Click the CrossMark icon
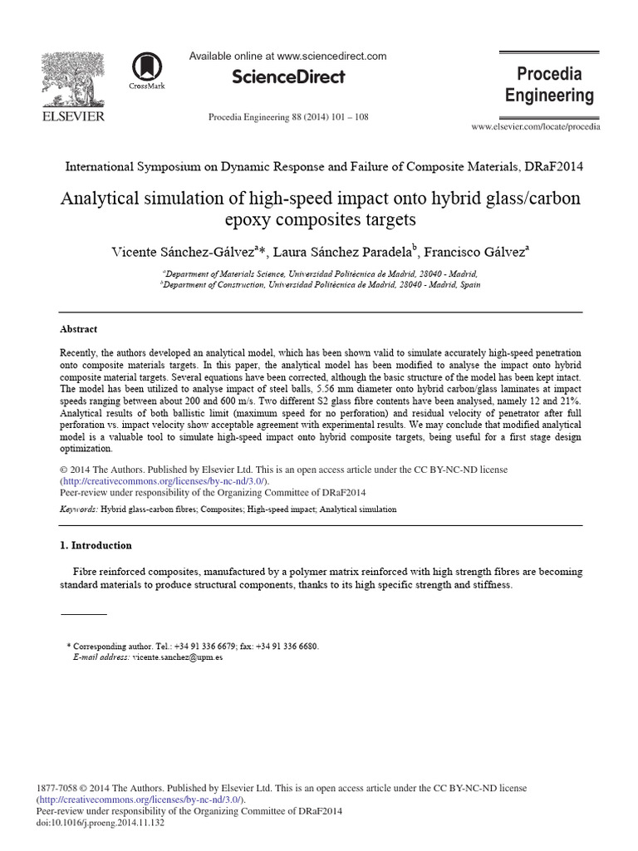pyautogui.click(x=147, y=67)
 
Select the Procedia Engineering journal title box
pyautogui.click(x=549, y=85)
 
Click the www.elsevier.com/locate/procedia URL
pyautogui.click(x=535, y=126)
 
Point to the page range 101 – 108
pyautogui.click(x=349, y=117)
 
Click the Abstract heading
pyautogui.click(x=79, y=329)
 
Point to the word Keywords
pyautogui.click(x=79, y=509)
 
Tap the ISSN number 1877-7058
pyautogui.click(x=60, y=788)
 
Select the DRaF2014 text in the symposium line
pyautogui.click(x=554, y=166)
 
